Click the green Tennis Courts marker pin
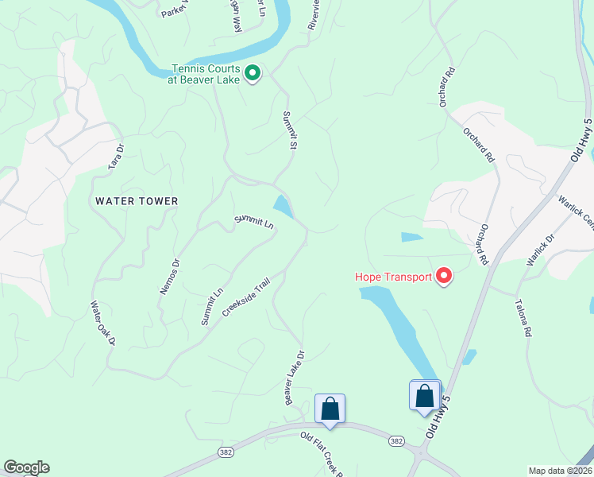click(x=253, y=74)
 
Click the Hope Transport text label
click(x=393, y=277)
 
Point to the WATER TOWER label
click(x=137, y=201)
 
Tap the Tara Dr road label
click(x=117, y=156)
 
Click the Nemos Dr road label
click(x=170, y=277)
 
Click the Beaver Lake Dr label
click(x=295, y=378)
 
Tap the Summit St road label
click(x=290, y=130)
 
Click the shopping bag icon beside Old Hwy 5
click(x=425, y=395)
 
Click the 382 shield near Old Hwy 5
click(x=397, y=440)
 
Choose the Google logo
click(x=26, y=467)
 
